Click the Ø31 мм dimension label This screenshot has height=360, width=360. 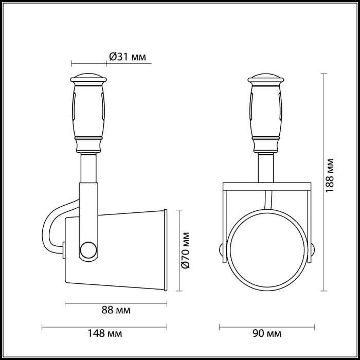128,57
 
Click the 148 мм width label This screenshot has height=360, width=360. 106,334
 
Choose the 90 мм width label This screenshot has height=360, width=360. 267,334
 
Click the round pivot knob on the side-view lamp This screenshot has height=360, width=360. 88,251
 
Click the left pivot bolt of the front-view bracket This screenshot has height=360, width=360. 222,250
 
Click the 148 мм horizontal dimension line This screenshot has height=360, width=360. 105,326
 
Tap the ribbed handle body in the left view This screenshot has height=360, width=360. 89,111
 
